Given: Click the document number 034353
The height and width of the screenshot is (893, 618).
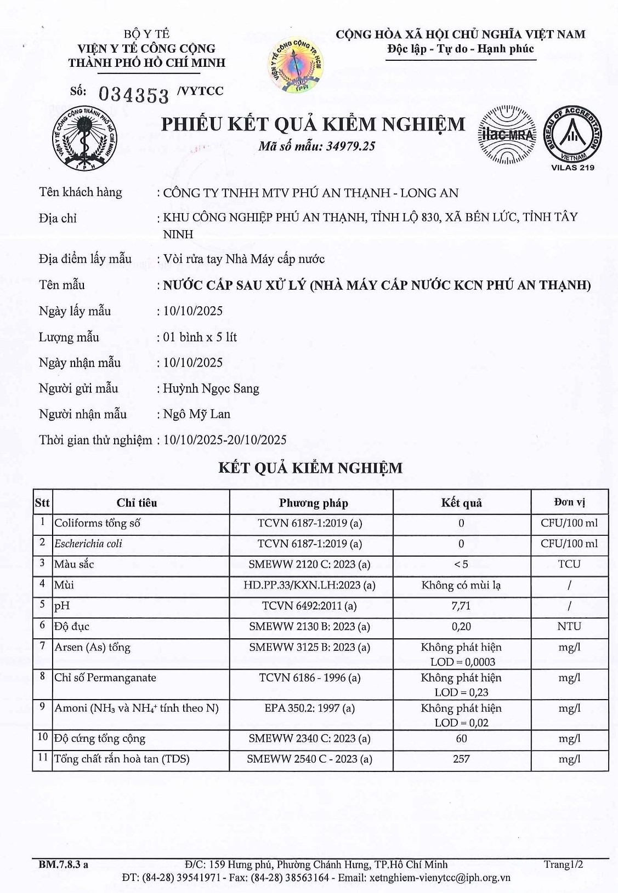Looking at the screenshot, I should coord(134,95).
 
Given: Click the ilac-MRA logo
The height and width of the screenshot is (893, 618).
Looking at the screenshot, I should coord(507,135).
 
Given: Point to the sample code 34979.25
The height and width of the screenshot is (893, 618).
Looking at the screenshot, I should coord(350,146).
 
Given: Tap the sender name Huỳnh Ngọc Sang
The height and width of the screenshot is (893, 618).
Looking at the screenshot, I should coord(211,388).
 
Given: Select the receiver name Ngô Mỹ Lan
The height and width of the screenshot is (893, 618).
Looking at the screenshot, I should coord(196,414).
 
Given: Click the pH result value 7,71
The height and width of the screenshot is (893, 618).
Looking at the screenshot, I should coord(461,606).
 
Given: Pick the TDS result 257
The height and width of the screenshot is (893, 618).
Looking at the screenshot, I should coord(461,759).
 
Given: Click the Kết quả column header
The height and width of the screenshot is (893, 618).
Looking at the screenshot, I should coord(461,503).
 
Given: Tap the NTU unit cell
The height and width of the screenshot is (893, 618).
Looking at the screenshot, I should coord(569,626).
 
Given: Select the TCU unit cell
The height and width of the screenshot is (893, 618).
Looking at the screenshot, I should coord(569,564).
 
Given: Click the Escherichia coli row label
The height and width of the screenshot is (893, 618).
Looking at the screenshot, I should coord(88,543).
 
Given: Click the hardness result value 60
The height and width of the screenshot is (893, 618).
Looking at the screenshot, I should coord(461,739).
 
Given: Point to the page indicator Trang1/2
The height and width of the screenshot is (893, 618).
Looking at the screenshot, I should coord(563,865).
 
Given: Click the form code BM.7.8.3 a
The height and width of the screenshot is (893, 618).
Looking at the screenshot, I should coord(63,865).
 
